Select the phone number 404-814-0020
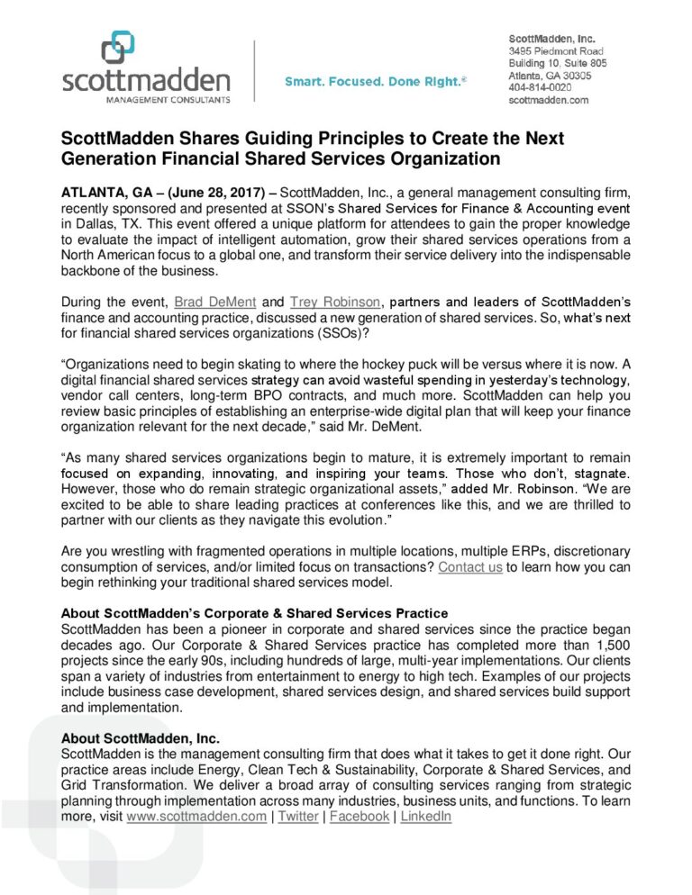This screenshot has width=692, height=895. (539, 88)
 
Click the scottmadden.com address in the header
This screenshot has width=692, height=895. (548, 100)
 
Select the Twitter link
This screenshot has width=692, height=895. (297, 816)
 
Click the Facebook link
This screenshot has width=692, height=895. (360, 816)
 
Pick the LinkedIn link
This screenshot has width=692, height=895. (425, 816)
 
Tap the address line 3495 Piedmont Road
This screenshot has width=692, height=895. (555, 51)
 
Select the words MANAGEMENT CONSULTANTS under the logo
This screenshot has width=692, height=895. (146, 98)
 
